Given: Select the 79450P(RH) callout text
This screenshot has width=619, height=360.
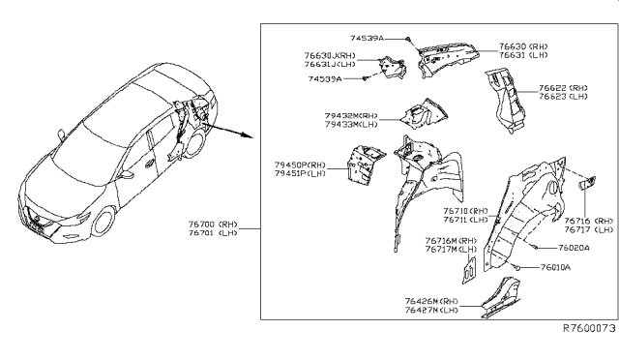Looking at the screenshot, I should pyautogui.click(x=301, y=165).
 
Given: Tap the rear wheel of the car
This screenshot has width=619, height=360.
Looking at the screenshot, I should pyautogui.click(x=193, y=149).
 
